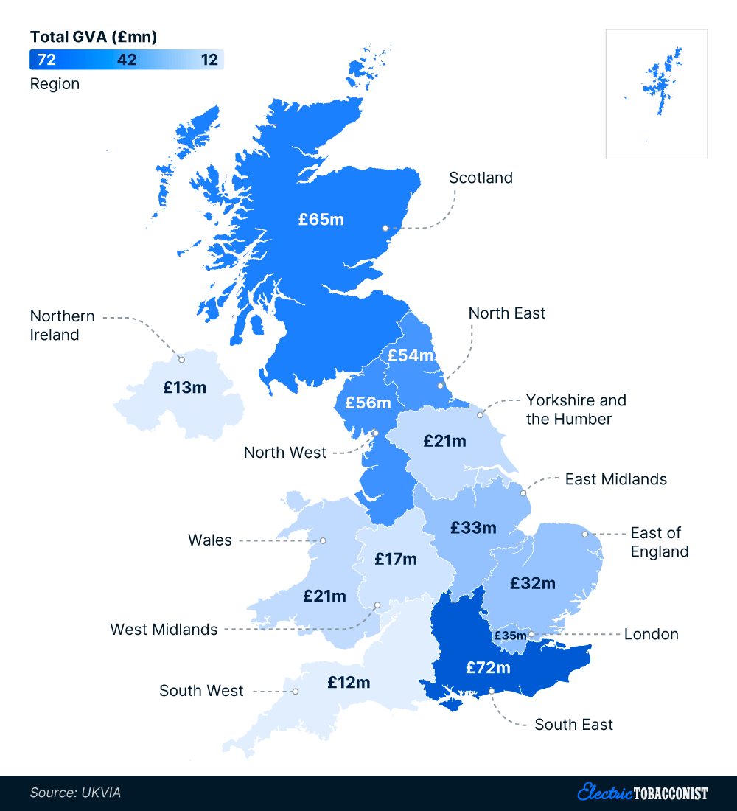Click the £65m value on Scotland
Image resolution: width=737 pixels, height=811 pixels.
coord(321,219)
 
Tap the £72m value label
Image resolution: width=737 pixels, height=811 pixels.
coord(488,667)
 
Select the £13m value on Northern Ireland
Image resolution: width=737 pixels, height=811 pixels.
coord(184,386)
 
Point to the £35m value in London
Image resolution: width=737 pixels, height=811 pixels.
coord(510,635)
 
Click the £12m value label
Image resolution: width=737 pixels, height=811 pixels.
coord(349,682)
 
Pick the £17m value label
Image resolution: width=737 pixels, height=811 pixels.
coord(395,559)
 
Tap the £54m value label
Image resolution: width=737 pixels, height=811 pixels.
coord(411,355)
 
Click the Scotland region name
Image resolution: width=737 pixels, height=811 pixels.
coord(481,178)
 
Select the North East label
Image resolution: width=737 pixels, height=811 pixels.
coord(507,313)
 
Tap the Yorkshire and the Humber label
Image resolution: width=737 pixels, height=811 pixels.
coord(576,410)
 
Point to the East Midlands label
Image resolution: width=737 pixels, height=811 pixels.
coord(615,479)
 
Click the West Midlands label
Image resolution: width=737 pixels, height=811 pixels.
coord(164,630)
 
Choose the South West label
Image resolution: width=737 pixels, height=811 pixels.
coord(201,691)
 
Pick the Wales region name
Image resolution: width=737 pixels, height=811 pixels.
coord(209,540)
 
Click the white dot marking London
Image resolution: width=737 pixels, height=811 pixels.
coord(531,634)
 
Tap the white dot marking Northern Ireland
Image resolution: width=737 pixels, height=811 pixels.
coord(181,360)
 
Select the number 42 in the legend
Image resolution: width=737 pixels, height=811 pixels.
coord(127,60)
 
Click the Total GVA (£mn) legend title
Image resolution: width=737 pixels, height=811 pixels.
coord(93,36)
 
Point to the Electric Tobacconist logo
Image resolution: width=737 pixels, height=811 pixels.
coord(642,793)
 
